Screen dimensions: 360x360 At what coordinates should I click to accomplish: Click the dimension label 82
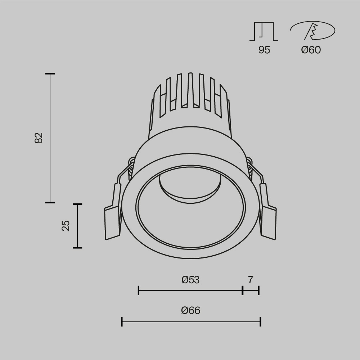click(x=39, y=138)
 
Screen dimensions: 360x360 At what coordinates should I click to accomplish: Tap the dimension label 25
click(x=66, y=226)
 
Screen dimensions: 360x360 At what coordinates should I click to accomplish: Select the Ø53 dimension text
click(x=190, y=280)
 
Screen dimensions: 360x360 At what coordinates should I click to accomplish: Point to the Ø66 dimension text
click(x=190, y=310)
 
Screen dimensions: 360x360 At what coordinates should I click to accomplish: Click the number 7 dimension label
click(x=251, y=280)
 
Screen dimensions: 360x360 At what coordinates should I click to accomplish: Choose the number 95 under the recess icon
click(x=264, y=50)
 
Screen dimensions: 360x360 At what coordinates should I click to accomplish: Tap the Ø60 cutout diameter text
click(x=311, y=50)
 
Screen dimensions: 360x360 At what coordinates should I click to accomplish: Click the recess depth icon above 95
click(x=264, y=31)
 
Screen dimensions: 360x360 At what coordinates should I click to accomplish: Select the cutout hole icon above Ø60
click(x=312, y=31)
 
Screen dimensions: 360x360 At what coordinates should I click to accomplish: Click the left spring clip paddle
click(x=112, y=222)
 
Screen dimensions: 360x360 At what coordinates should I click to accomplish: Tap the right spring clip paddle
click(x=269, y=222)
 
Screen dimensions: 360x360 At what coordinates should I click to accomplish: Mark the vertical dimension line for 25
click(x=77, y=226)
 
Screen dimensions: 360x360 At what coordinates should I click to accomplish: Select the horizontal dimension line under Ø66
click(x=191, y=322)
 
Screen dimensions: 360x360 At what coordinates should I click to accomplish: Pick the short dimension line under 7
click(x=251, y=290)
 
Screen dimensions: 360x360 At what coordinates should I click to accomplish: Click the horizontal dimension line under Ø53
click(x=190, y=290)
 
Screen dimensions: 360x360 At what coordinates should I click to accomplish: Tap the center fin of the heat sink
click(x=190, y=90)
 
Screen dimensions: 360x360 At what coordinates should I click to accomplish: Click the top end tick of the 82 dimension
click(x=50, y=74)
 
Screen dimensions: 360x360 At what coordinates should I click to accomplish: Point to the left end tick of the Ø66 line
click(x=122, y=322)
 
